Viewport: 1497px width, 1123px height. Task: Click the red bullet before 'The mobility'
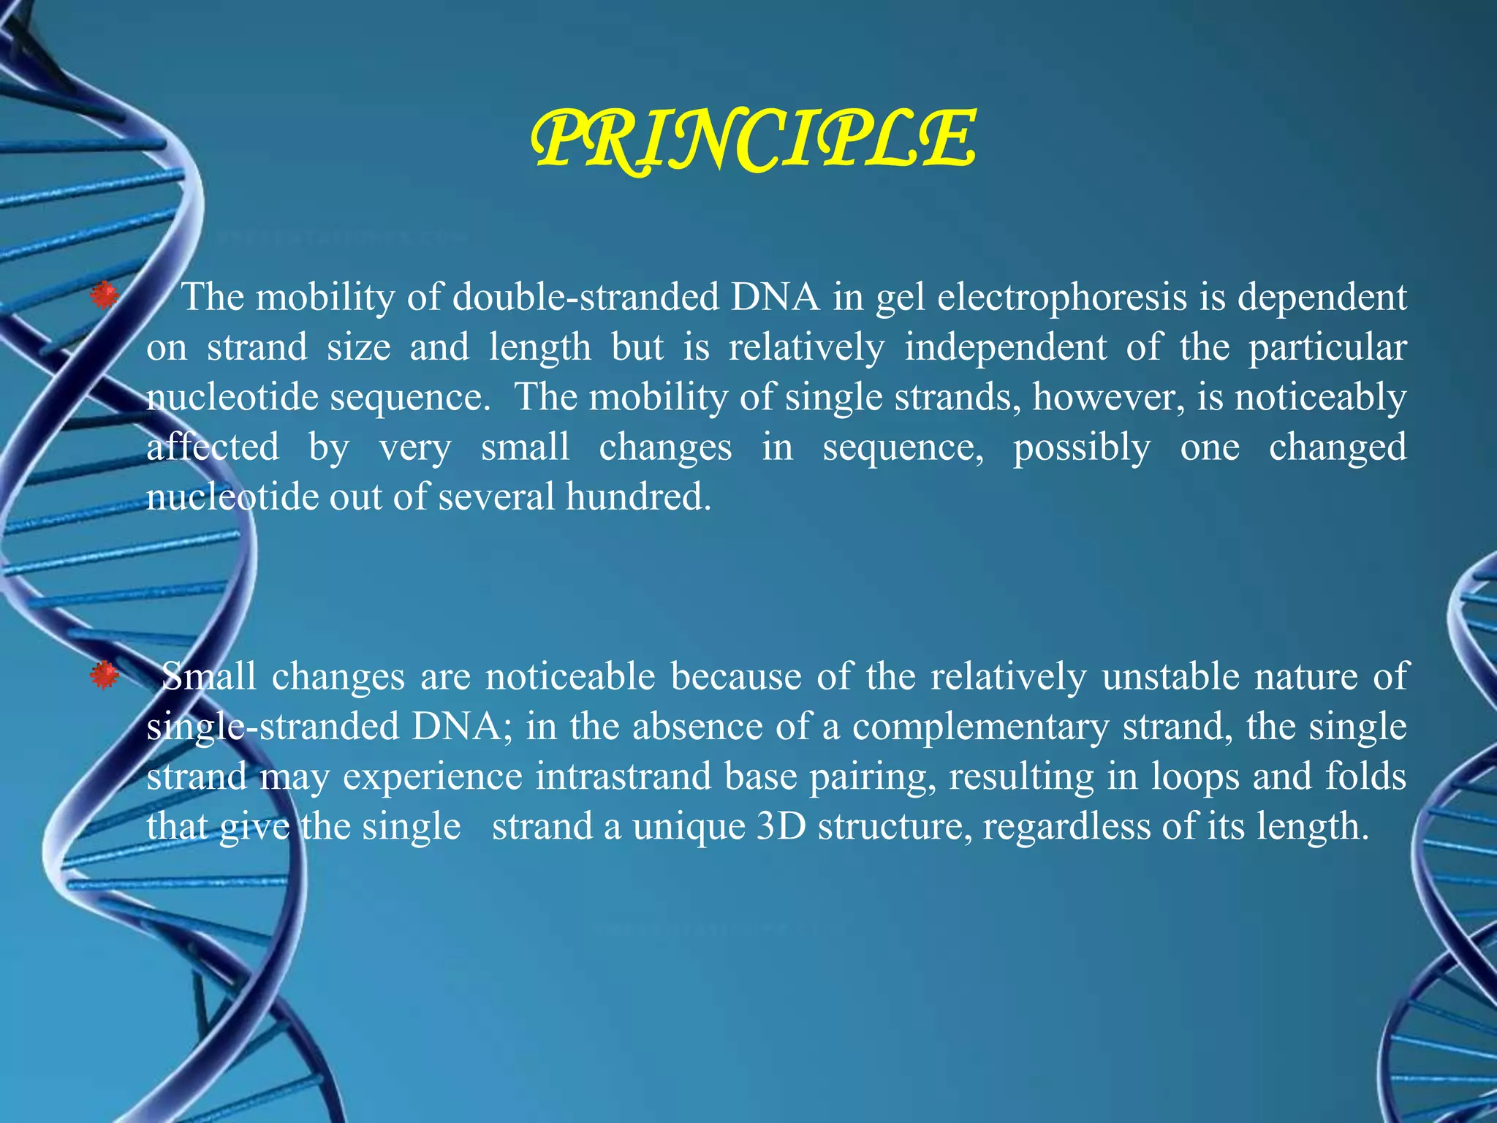[x=104, y=296]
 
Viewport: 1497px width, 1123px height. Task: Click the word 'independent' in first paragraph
[x=1005, y=347]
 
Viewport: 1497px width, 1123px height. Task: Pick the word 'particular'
[x=1327, y=347]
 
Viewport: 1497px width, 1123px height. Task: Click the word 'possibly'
[x=1081, y=447]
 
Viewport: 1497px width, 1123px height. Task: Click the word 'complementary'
[x=979, y=727]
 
